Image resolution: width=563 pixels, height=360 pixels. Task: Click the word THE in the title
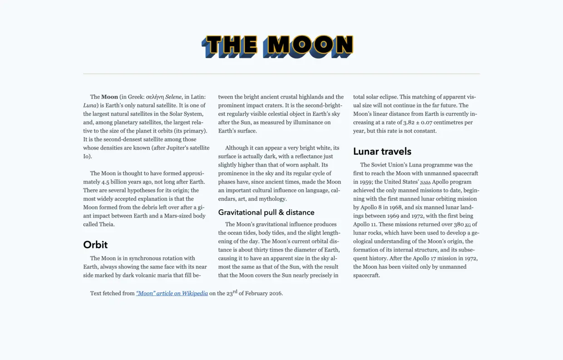229,46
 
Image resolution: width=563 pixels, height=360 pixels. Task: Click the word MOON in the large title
310,46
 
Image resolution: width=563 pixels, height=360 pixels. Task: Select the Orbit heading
95,245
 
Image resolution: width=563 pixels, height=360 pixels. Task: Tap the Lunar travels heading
382,151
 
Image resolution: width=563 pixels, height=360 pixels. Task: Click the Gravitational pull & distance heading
266,212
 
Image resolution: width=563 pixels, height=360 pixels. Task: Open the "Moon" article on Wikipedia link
172,293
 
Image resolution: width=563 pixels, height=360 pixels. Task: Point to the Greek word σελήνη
155,97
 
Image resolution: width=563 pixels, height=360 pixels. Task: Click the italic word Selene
173,97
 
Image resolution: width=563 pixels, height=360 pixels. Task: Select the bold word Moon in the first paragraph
109,97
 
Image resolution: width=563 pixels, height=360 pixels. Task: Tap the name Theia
106,224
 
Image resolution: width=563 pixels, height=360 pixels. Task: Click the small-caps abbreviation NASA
425,182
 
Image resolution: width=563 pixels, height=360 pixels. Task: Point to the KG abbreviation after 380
468,225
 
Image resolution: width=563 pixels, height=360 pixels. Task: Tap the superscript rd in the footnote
235,291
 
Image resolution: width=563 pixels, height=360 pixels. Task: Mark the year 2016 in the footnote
275,293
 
